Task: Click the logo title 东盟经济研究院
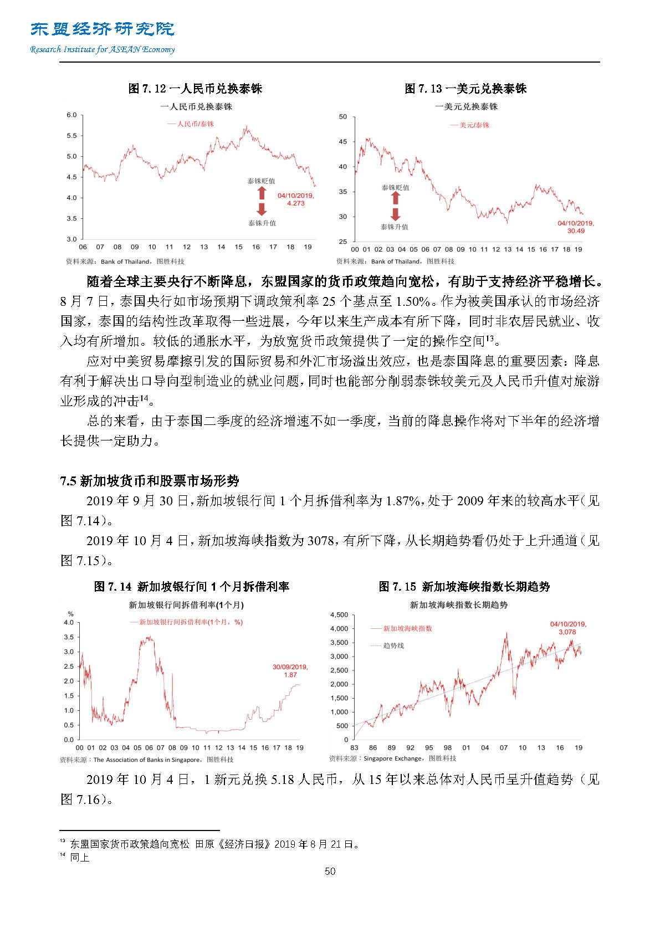(103, 29)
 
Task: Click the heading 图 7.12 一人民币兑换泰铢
(195, 89)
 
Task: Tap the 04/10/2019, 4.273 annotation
(295, 199)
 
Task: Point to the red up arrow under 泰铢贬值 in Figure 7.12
(262, 193)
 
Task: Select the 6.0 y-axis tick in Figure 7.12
(71, 115)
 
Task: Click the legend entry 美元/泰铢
(470, 125)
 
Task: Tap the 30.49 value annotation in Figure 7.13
(576, 231)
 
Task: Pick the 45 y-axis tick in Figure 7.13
(343, 142)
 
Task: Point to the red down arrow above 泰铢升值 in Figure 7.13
(395, 214)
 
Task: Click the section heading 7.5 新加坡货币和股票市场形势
(150, 481)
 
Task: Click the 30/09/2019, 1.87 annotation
(290, 671)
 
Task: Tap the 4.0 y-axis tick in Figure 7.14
(69, 623)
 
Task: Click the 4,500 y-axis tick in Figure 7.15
(339, 615)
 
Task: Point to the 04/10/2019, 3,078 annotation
(567, 628)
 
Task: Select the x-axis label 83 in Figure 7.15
(354, 748)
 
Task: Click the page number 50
(330, 872)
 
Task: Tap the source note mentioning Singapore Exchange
(393, 758)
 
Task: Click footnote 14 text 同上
(79, 858)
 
